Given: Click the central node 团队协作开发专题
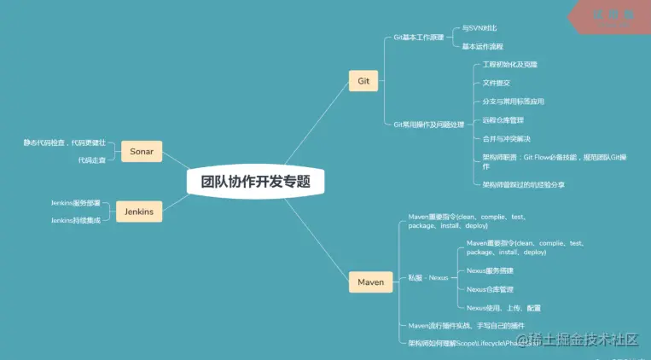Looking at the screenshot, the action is coord(256,182).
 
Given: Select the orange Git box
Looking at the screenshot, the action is coord(363,81).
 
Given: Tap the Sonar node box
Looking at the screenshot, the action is coord(141,151).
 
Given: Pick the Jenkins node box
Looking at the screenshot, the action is coord(138,212).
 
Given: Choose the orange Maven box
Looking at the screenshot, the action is coord(370,281).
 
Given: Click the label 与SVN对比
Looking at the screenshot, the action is coord(480,28).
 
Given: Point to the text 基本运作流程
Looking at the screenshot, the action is coord(484,46).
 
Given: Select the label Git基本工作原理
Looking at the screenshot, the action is coord(418,38).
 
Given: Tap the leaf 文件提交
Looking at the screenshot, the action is coord(497,83).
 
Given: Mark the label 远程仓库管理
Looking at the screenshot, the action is coord(503,119).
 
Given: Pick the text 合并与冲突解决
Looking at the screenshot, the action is coord(507,138).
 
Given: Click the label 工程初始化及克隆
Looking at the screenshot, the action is coord(510,65).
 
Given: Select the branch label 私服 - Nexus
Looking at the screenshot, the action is coord(427,278).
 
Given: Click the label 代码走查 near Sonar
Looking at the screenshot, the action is coord(92,160).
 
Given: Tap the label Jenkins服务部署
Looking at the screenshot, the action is coord(76,203).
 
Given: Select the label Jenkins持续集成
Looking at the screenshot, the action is coord(76,220).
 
